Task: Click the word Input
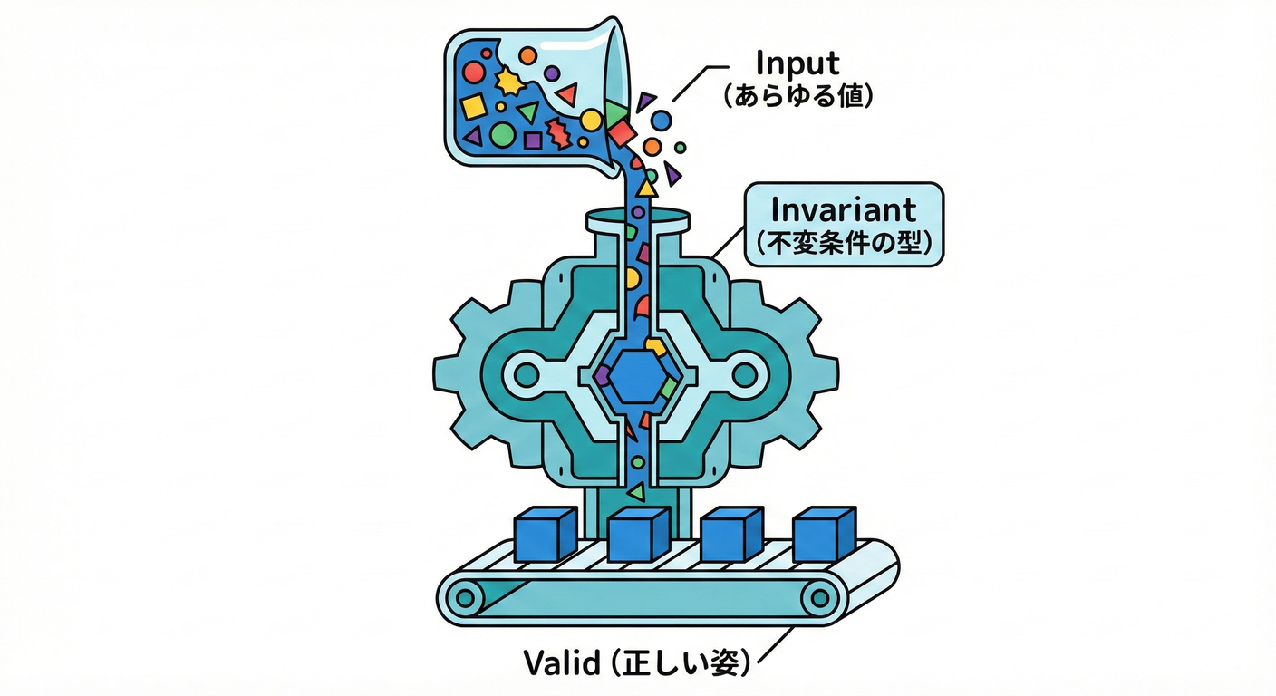click(x=797, y=63)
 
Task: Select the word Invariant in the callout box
click(x=843, y=210)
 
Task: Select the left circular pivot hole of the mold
click(x=527, y=372)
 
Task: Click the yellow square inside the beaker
click(x=473, y=108)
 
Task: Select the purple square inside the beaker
click(x=533, y=140)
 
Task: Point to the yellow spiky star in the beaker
click(x=509, y=82)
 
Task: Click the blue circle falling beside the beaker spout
click(x=662, y=119)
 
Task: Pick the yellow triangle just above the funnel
click(x=646, y=188)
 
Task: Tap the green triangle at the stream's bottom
click(x=636, y=492)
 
